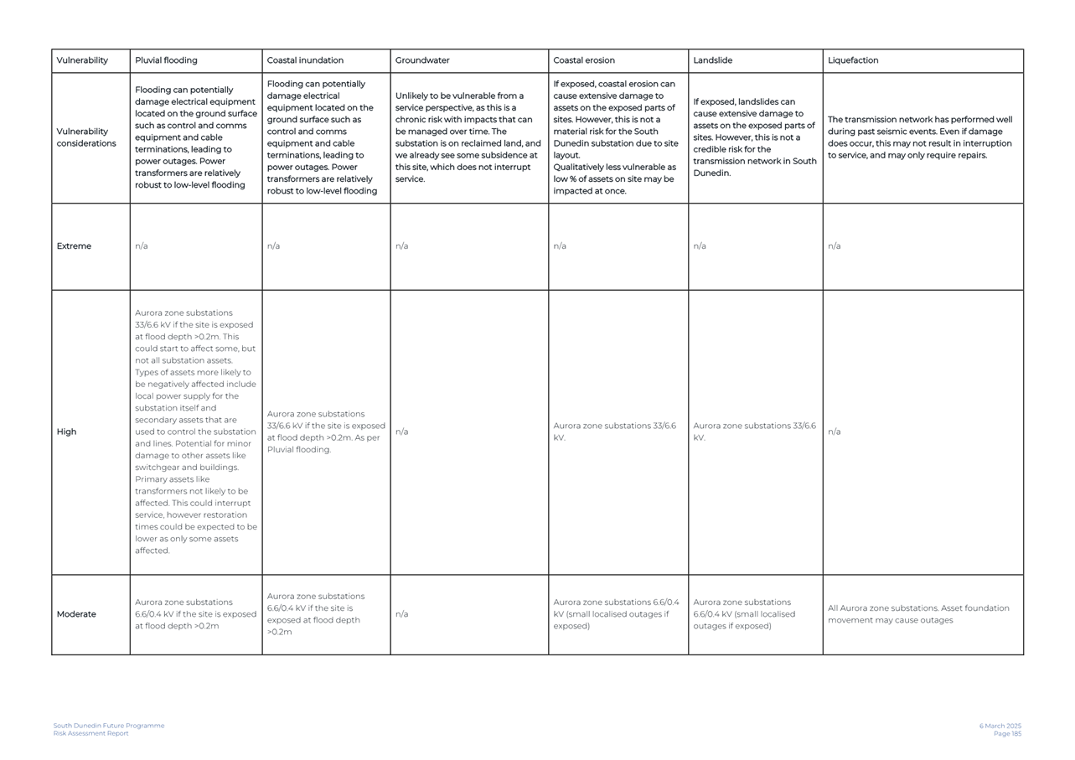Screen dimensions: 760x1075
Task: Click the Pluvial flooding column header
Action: tap(166, 60)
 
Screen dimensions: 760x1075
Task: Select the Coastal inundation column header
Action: tap(305, 60)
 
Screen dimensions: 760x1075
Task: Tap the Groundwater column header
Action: tap(422, 60)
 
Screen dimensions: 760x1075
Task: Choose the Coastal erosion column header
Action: tap(584, 60)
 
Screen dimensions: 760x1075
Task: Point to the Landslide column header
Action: tap(713, 60)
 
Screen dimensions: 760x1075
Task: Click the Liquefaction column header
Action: tap(853, 60)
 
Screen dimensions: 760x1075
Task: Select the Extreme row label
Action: tap(74, 246)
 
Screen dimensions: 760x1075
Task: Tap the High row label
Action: tap(66, 432)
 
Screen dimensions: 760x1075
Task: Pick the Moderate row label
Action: tap(76, 614)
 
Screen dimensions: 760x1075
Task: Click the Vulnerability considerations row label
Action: tap(86, 137)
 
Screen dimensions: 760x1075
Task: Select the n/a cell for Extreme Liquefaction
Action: tap(834, 246)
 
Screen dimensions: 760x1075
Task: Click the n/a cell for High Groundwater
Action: tap(401, 432)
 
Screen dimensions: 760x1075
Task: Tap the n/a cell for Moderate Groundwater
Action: tap(401, 614)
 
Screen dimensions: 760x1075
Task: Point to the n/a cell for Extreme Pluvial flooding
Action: tap(141, 246)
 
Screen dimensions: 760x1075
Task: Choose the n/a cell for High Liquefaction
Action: tap(834, 432)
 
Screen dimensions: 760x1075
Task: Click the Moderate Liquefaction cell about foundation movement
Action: tap(918, 614)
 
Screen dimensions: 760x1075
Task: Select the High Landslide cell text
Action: tap(754, 432)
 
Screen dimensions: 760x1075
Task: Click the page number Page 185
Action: tap(1007, 734)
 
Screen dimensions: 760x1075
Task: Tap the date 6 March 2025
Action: tap(1000, 726)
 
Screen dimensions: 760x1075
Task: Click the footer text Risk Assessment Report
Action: tap(91, 734)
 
